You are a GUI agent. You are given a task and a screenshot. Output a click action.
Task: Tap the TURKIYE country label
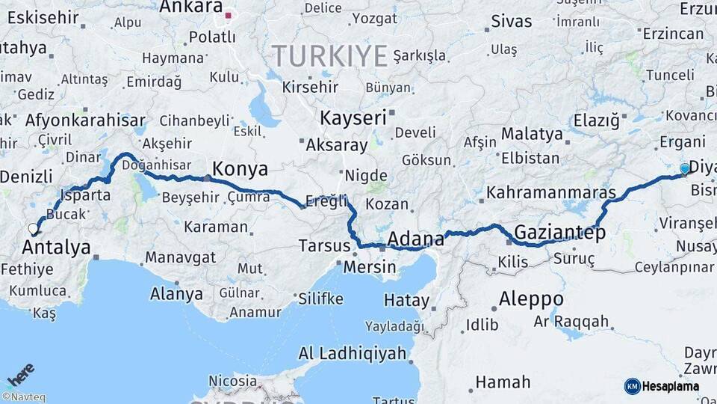pyautogui.click(x=329, y=55)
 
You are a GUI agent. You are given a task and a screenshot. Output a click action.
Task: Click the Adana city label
pyautogui.click(x=416, y=239)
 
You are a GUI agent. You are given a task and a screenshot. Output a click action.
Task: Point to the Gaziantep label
pyautogui.click(x=559, y=232)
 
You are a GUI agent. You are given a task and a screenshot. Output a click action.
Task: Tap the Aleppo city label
pyautogui.click(x=531, y=299)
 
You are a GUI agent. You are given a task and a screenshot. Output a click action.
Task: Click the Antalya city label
pyautogui.click(x=57, y=248)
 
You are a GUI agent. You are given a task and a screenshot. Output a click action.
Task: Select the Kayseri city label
pyautogui.click(x=353, y=118)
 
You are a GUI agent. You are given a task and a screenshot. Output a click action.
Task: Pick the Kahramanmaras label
pyautogui.click(x=551, y=192)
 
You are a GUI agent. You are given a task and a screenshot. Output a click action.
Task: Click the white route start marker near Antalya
pyautogui.click(x=33, y=229)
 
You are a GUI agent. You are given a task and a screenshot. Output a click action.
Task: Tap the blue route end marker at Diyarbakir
pyautogui.click(x=685, y=169)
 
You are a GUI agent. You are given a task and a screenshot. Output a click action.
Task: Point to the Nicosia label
pyautogui.click(x=232, y=381)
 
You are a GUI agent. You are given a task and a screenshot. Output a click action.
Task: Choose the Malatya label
pyautogui.click(x=531, y=135)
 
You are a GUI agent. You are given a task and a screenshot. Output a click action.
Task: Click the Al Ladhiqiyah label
pyautogui.click(x=352, y=353)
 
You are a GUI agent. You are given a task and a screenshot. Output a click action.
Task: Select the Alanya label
pyautogui.click(x=176, y=294)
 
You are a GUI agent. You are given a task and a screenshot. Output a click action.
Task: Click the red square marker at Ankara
pyautogui.click(x=229, y=13)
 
